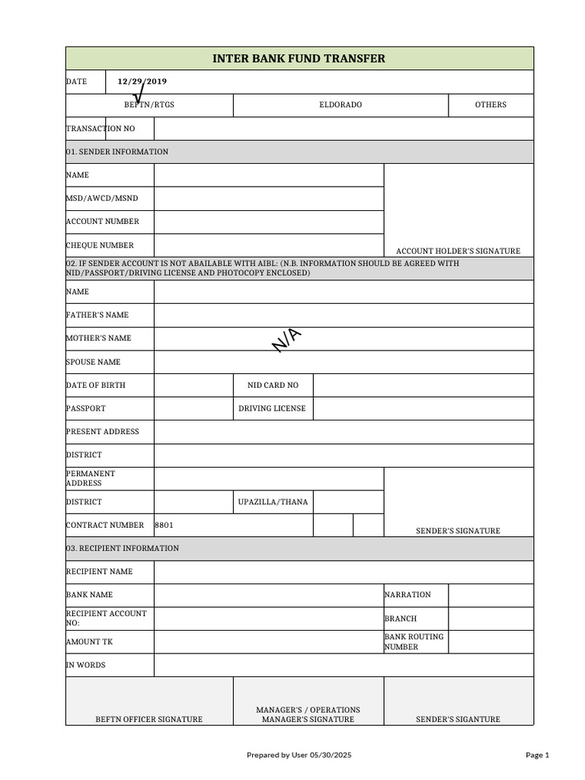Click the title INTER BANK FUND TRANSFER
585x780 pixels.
pos(299,59)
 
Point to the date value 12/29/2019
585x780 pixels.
pos(142,82)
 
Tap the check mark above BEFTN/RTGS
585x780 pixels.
pos(139,92)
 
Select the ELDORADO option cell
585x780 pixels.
pos(340,105)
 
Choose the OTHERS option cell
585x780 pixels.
pos(491,105)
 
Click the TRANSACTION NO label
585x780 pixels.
pos(101,129)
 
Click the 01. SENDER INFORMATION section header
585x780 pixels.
pos(117,152)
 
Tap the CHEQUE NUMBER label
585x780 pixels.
pos(100,245)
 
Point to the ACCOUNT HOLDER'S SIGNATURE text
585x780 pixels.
pos(459,251)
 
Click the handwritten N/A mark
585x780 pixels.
pos(287,340)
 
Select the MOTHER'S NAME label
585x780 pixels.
pos(98,338)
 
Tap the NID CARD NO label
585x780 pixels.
pos(273,385)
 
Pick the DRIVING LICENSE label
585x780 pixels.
pos(272,408)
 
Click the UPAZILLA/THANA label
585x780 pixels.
pos(273,502)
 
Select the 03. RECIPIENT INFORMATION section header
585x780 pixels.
pos(123,548)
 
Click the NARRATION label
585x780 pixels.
pos(408,595)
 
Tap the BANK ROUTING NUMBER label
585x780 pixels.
pos(414,642)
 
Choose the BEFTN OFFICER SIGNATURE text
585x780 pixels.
pos(149,719)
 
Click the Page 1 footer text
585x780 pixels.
pos(537,755)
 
